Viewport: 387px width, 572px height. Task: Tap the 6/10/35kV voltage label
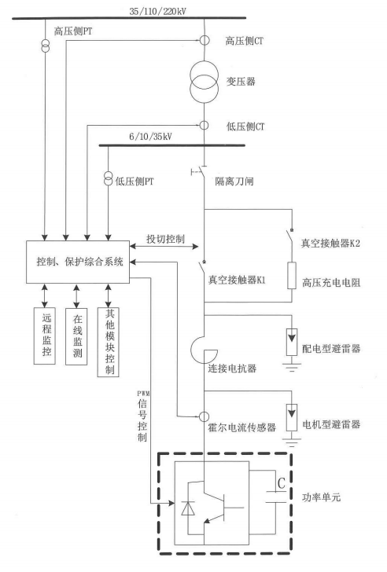pyautogui.click(x=151, y=137)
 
